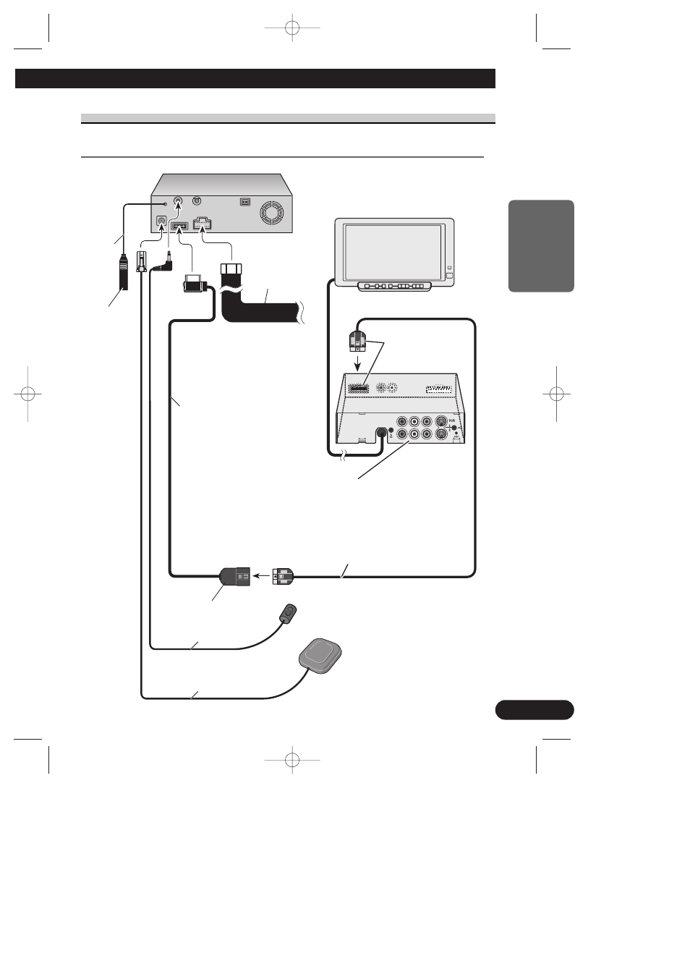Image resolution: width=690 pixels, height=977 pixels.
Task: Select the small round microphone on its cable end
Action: (289, 614)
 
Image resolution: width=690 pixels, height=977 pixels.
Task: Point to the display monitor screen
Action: (393, 250)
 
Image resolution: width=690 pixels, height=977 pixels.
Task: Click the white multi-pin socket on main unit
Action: (202, 225)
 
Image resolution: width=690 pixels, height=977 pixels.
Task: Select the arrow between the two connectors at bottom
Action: (260, 577)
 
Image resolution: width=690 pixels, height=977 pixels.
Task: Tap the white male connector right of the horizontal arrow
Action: (283, 577)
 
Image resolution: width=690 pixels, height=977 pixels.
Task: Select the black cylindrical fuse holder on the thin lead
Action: (123, 272)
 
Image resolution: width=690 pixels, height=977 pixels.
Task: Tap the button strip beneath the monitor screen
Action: (394, 287)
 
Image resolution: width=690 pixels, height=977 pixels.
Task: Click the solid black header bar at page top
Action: (255, 79)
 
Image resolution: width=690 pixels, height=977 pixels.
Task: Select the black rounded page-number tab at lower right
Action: (534, 710)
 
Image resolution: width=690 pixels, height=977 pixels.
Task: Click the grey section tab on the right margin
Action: (541, 246)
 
